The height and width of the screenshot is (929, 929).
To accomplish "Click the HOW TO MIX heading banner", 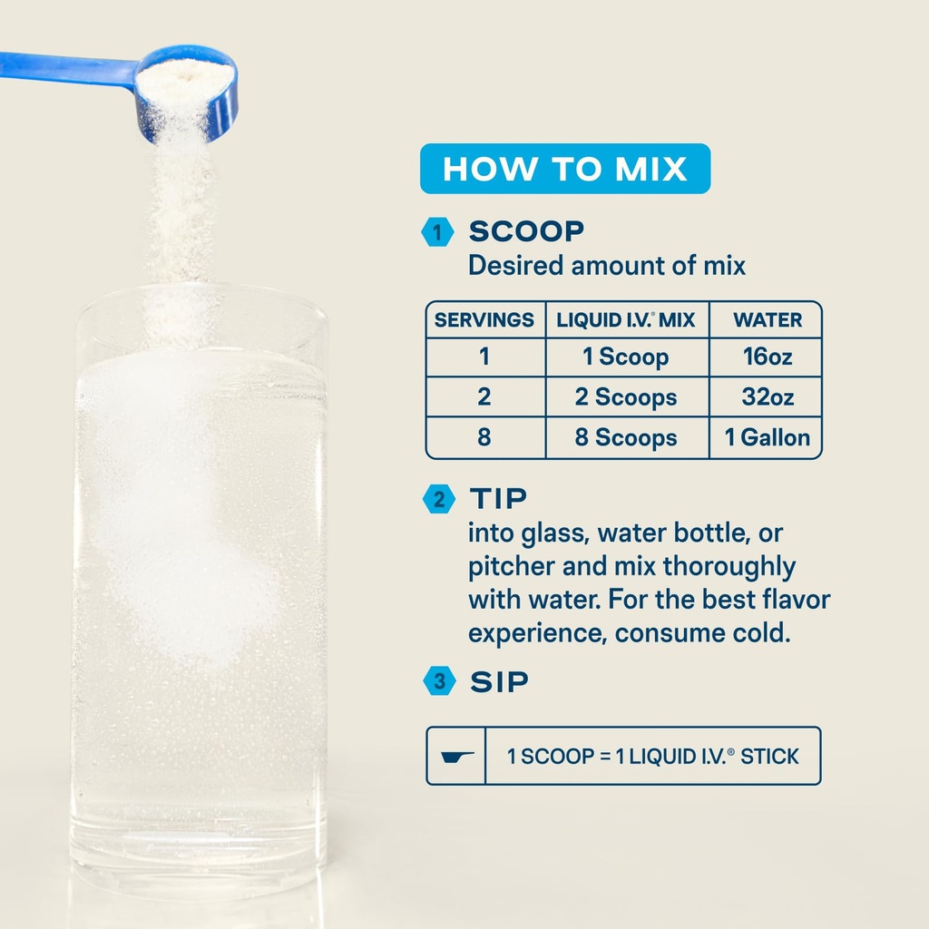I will (564, 169).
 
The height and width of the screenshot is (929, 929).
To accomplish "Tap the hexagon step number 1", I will (438, 232).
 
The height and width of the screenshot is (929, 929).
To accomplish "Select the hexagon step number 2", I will (438, 499).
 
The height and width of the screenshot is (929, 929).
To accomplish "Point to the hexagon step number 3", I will (438, 682).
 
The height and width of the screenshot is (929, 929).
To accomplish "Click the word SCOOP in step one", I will (526, 231).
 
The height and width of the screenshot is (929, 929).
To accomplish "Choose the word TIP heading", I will (498, 498).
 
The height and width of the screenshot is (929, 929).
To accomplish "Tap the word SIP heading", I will (498, 682).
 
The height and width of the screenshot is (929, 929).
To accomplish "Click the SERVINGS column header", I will (484, 320).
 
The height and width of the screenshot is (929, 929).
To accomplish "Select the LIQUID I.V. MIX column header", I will (626, 320).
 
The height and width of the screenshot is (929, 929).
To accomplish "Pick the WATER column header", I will (768, 320).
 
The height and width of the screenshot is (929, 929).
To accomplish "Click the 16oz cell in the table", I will (768, 357).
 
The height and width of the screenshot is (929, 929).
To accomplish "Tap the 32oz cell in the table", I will (768, 397).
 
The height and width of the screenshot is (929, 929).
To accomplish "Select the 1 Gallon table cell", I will (768, 438).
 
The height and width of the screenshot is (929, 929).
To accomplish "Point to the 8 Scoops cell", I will (626, 438).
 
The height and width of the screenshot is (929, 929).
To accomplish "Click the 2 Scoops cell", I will (626, 397).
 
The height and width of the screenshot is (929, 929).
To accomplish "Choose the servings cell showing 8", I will (484, 438).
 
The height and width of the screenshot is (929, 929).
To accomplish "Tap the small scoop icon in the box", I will (456, 756).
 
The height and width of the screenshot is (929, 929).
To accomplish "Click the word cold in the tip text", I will (759, 632).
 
